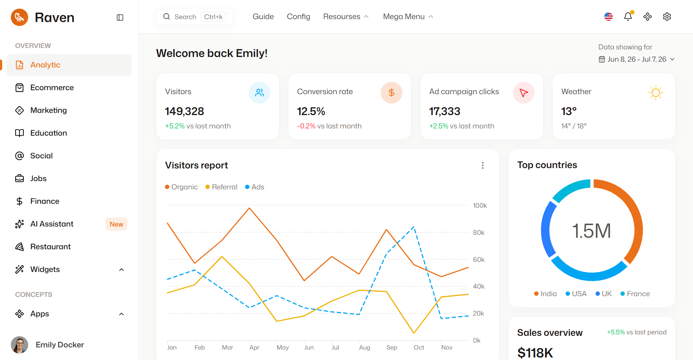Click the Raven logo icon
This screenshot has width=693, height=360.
(x=19, y=17)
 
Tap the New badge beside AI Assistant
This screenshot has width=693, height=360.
(x=116, y=224)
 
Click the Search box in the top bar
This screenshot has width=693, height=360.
(x=195, y=17)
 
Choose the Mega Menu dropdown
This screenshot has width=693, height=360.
(x=408, y=17)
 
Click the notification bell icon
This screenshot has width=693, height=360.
(x=628, y=17)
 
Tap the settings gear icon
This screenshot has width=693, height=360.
(x=667, y=17)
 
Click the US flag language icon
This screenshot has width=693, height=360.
(x=609, y=17)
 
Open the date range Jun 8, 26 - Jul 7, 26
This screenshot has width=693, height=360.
(x=637, y=59)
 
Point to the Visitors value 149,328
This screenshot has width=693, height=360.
(x=184, y=111)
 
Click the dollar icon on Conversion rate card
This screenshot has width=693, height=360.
(x=392, y=93)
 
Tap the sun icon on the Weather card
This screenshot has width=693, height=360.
(x=656, y=93)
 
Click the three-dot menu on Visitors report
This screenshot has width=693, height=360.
(x=483, y=165)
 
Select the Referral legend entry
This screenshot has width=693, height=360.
(x=221, y=187)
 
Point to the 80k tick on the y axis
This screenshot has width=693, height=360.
(x=479, y=233)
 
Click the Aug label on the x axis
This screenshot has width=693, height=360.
(x=365, y=347)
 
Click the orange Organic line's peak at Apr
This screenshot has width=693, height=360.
(x=249, y=208)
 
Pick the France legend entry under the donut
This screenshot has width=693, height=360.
(x=635, y=294)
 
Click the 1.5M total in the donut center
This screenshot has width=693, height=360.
(x=592, y=231)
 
